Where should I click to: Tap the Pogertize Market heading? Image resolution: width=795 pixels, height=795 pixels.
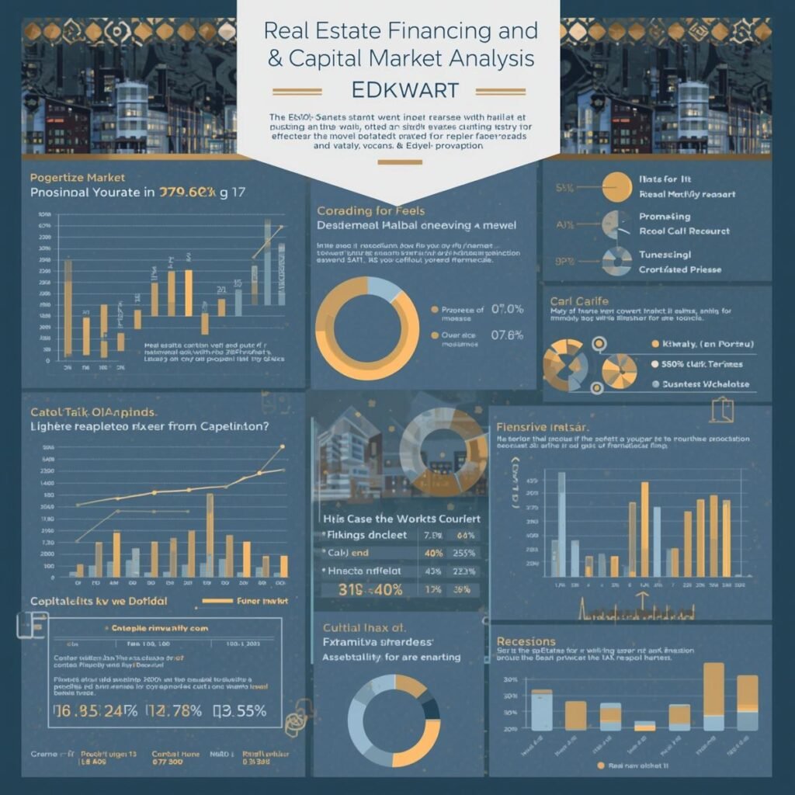tap(77, 178)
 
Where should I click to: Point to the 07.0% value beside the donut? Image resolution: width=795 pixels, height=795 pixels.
tap(507, 310)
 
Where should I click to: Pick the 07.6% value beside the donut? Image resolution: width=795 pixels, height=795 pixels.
tap(507, 335)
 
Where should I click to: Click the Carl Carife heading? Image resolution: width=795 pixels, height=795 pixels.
tap(578, 300)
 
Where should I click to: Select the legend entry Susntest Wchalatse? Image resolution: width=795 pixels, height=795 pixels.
tap(706, 384)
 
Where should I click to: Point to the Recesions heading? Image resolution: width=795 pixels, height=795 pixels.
tap(526, 641)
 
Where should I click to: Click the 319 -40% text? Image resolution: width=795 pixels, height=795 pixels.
tap(362, 589)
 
